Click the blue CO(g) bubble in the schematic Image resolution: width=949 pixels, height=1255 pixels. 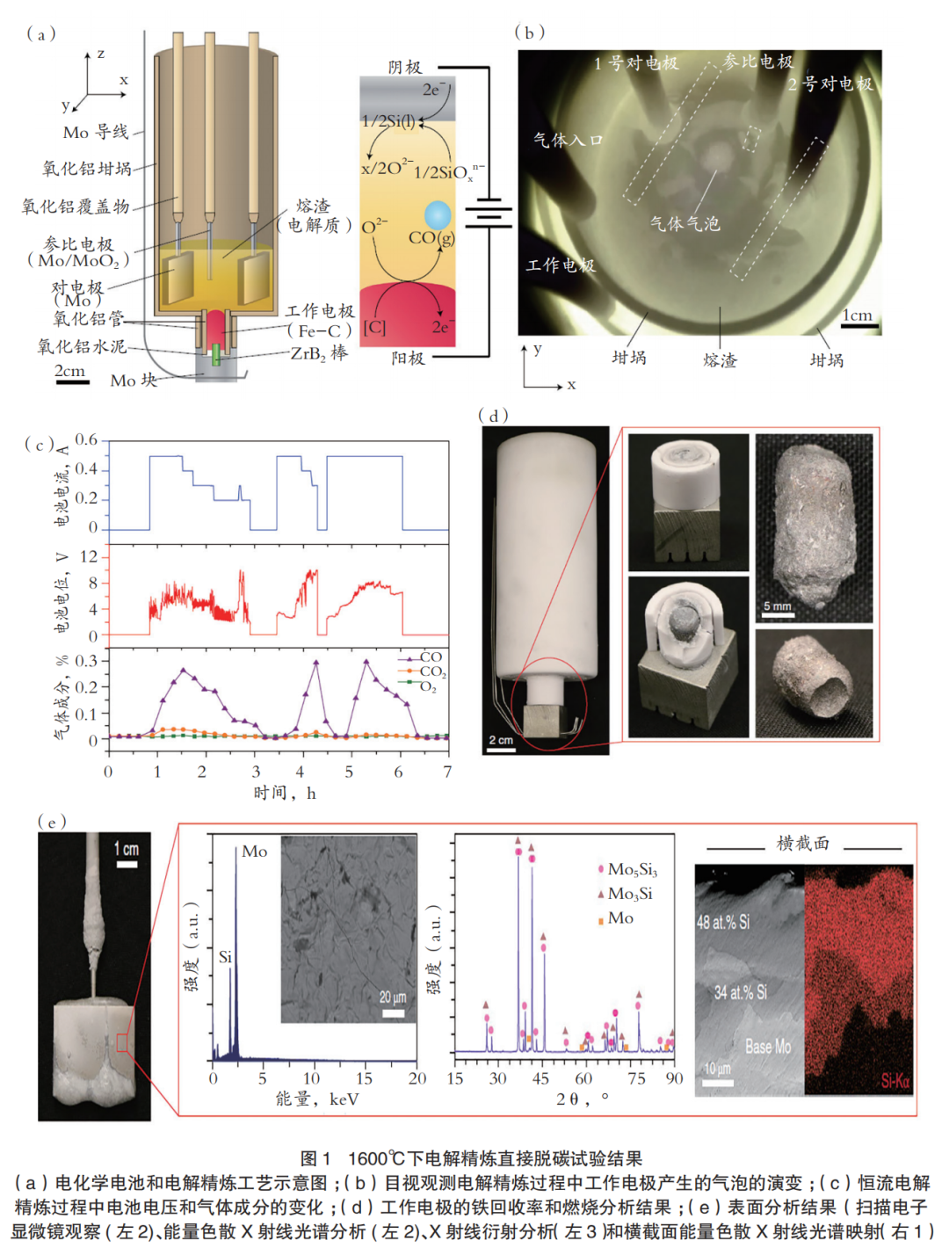click(x=438, y=214)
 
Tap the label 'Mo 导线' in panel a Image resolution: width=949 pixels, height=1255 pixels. click(x=95, y=132)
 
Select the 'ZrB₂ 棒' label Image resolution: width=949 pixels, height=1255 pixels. click(x=319, y=353)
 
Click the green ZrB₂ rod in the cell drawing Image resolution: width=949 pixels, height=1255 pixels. click(x=216, y=353)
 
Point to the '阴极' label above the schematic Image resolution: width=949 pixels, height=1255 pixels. click(x=405, y=67)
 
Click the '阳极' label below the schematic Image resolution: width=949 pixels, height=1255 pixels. click(x=409, y=358)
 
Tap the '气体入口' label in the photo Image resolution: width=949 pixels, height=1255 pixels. click(x=568, y=140)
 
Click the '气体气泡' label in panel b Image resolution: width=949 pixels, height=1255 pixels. click(x=685, y=223)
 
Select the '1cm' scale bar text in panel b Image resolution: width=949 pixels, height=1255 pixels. click(x=857, y=315)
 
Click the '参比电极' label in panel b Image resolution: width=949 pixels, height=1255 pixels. click(x=757, y=62)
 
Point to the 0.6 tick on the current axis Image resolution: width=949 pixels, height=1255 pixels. click(x=86, y=439)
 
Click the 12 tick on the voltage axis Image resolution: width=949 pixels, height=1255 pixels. click(x=89, y=556)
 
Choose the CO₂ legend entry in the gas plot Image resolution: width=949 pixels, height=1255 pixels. click(x=431, y=672)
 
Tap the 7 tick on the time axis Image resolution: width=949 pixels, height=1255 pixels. click(x=447, y=772)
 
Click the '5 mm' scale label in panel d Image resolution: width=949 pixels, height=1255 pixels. click(x=777, y=606)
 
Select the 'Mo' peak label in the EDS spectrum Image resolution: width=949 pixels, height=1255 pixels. click(x=254, y=851)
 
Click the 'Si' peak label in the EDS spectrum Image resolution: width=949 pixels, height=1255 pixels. click(x=225, y=957)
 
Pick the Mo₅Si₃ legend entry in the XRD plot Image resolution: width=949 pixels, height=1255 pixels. click(x=632, y=869)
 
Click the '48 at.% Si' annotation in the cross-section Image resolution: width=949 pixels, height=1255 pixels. click(x=723, y=922)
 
